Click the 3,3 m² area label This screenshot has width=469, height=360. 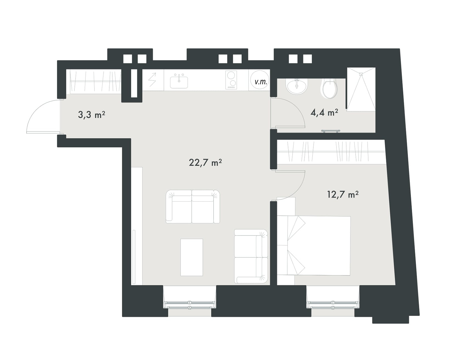[91, 115]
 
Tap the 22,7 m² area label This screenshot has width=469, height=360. [205, 162]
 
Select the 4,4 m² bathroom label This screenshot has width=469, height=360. [324, 112]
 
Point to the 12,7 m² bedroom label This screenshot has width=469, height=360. [343, 194]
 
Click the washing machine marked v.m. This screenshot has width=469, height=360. [260, 80]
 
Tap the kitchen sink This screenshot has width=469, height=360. [179, 81]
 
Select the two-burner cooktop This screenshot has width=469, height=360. [231, 80]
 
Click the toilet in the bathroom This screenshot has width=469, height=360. [329, 88]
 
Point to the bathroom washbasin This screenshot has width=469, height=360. [297, 86]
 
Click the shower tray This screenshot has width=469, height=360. [361, 89]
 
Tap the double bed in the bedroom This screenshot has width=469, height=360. [314, 246]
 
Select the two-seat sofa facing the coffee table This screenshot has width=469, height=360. [193, 207]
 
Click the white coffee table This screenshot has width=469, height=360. [192, 257]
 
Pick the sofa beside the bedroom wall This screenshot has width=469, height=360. [251, 256]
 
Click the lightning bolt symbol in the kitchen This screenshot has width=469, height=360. [153, 80]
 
